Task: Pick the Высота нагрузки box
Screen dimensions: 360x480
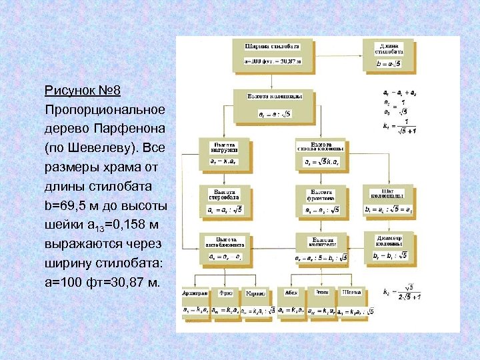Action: [223, 153]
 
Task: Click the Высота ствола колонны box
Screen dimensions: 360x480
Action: [321, 154]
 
